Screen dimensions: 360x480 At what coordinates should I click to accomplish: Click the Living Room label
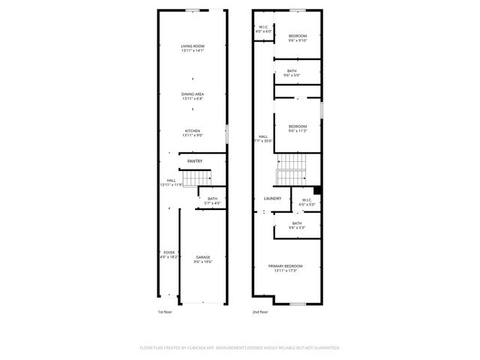point(193,49)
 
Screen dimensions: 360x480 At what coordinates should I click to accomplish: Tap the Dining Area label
point(193,96)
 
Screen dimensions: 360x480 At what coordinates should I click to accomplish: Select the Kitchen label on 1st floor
point(193,133)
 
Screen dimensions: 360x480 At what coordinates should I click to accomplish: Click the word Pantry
point(196,160)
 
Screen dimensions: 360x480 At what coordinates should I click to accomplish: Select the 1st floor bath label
point(212,201)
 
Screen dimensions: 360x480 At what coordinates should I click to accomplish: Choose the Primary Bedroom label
point(286,268)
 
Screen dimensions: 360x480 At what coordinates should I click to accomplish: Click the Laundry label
point(272,198)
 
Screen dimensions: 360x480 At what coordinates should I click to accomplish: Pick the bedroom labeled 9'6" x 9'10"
point(298,38)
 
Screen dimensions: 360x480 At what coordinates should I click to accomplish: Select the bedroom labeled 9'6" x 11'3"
point(298,128)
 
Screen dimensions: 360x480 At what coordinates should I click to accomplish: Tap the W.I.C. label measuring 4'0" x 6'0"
point(262,28)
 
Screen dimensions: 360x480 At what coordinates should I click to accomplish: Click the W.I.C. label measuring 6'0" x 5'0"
point(307,202)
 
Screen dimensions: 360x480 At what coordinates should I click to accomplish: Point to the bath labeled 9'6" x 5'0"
point(291,73)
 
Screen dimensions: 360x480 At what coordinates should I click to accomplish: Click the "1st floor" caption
point(165,311)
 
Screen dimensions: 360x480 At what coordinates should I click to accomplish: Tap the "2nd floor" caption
point(260,311)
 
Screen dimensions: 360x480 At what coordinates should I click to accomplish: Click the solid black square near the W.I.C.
point(318,190)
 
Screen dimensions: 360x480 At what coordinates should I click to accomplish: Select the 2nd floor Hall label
point(262,138)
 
